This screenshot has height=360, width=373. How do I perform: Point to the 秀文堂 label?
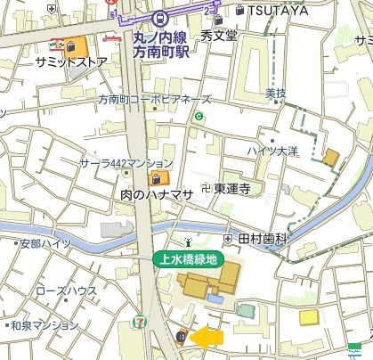pos(219,37)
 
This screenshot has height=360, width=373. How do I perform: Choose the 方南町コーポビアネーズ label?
pos(155,99)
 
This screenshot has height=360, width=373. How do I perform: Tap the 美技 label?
pos(275,92)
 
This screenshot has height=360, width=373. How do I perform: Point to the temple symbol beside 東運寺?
pos(206,188)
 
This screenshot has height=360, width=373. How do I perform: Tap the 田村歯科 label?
pos(263,239)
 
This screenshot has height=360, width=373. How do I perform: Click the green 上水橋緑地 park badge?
pos(186,259)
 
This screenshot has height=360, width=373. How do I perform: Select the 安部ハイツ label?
pos(45,242)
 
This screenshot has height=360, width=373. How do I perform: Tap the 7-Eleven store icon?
pos(138,319)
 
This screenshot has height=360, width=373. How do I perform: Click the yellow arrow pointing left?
pos(208,337)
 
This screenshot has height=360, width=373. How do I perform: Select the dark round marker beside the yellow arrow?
pos(182,337)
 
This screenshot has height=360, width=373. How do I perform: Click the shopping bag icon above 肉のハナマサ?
pos(165,177)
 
